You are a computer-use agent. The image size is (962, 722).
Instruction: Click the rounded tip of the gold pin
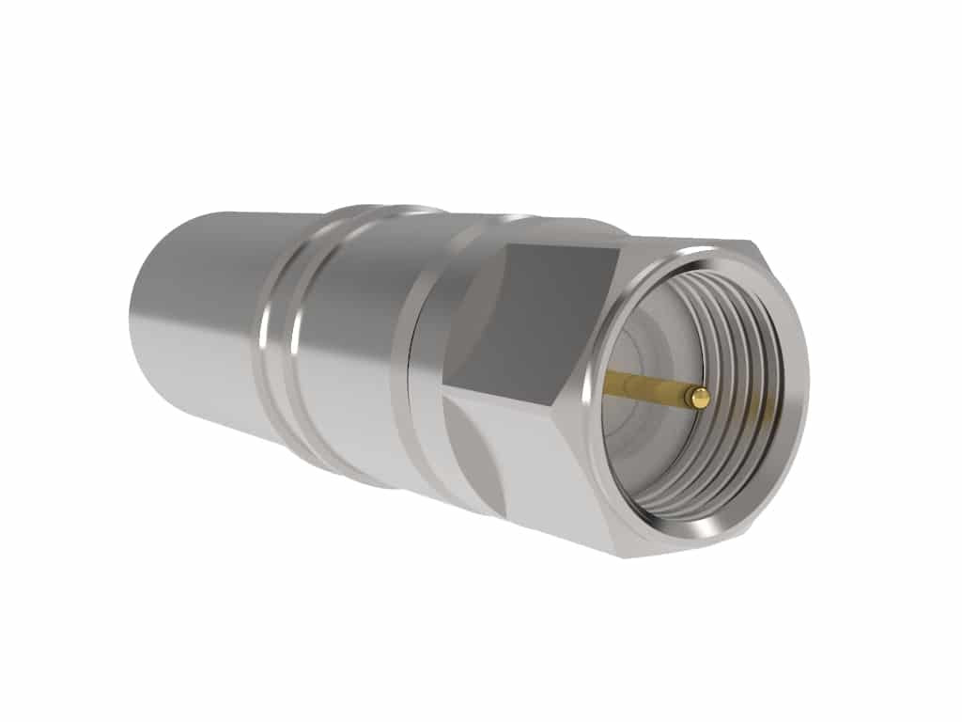click(x=697, y=398)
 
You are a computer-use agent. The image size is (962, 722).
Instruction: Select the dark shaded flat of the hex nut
click(x=535, y=320)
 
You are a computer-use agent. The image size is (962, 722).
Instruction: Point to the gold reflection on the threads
click(x=763, y=409)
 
